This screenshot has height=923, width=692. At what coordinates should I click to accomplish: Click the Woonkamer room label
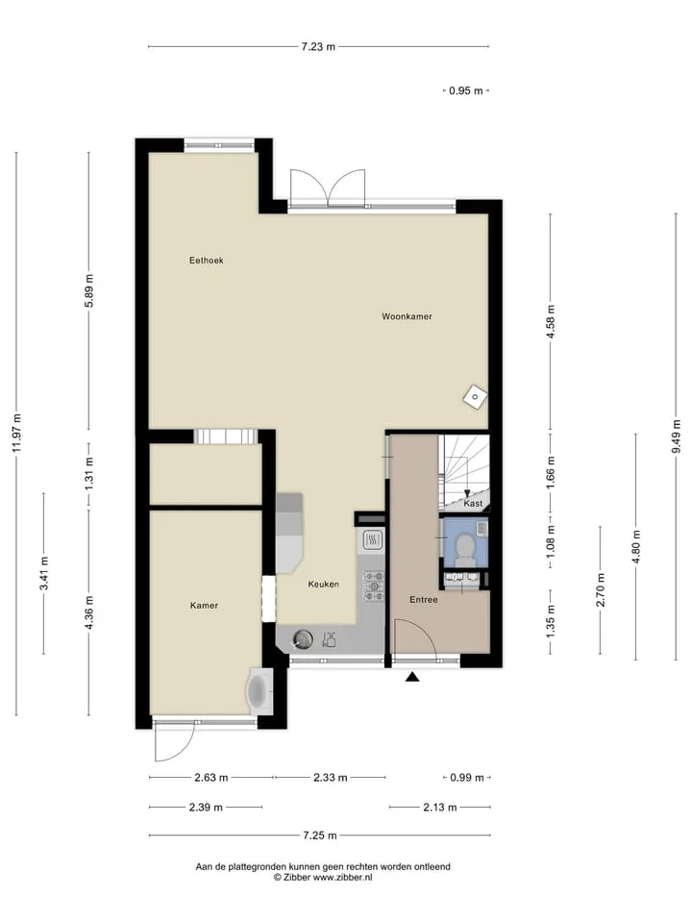click(407, 316)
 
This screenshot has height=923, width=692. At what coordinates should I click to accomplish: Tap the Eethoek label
click(206, 261)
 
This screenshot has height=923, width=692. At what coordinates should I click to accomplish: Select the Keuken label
click(324, 584)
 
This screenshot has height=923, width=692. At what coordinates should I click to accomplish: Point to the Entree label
click(424, 599)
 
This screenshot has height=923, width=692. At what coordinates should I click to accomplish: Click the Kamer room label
click(204, 605)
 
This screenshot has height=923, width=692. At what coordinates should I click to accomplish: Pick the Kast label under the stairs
click(473, 503)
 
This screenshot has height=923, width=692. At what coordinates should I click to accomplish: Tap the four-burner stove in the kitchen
click(374, 586)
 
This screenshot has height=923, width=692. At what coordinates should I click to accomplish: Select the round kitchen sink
click(303, 639)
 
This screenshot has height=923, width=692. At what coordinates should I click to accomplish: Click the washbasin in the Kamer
click(259, 691)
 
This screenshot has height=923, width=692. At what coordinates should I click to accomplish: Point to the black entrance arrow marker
click(412, 677)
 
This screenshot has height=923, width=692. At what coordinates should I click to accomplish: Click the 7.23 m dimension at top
click(318, 46)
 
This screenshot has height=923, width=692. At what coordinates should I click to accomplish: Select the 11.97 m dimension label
click(16, 433)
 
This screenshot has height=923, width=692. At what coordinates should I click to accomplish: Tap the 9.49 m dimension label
click(676, 437)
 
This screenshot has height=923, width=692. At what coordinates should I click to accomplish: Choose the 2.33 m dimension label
click(330, 778)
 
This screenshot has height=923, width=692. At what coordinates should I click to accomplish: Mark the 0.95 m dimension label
click(466, 90)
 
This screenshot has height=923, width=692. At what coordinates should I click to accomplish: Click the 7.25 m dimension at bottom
click(320, 836)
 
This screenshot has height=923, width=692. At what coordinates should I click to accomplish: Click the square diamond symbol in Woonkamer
click(475, 396)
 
